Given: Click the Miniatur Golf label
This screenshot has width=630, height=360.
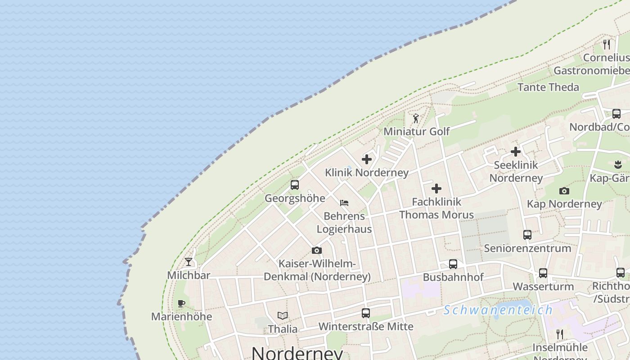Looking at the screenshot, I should [416, 131].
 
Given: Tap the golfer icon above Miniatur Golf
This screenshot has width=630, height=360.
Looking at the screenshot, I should [416, 118].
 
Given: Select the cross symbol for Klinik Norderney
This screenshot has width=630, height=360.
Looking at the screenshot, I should [367, 159].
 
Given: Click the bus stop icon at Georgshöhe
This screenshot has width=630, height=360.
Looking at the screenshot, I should [295, 185].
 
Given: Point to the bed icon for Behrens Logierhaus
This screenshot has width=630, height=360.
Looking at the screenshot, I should [344, 203].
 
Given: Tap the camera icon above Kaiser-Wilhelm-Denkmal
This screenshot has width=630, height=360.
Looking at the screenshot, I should [317, 251].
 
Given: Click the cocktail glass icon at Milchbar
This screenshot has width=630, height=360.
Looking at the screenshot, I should [189, 262].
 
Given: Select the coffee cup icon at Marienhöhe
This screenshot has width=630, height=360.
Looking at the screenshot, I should [181, 303].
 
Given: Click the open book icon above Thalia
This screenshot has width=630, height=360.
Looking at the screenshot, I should [283, 315].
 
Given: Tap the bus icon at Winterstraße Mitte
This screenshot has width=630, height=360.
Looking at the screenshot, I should [366, 313].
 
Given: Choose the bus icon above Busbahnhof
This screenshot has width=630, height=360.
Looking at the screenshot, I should [453, 264].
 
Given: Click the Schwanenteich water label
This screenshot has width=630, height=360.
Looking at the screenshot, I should [498, 310].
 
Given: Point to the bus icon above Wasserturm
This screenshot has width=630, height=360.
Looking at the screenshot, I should [543, 273].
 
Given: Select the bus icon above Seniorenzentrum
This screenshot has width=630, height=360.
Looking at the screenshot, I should [527, 235].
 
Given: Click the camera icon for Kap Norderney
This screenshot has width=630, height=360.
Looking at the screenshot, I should [564, 191].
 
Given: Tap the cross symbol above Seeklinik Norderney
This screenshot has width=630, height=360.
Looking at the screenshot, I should [516, 152].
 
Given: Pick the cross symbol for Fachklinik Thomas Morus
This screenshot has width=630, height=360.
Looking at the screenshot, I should [436, 189].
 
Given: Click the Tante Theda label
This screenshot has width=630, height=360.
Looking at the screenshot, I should [548, 87].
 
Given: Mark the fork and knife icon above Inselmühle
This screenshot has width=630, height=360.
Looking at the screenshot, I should [560, 334].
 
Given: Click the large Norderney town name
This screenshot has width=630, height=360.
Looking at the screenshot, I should [297, 353].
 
